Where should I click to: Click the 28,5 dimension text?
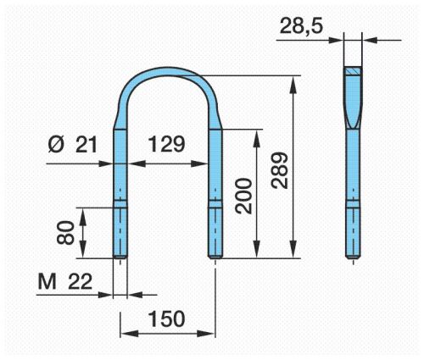301,26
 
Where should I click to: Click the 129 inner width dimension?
166,144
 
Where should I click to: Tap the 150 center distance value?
166,318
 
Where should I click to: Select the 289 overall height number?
279,170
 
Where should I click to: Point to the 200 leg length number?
243,196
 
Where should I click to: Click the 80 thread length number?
65,232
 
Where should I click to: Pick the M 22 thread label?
65,282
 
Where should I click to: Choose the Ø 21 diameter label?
73,144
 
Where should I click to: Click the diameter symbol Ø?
56,144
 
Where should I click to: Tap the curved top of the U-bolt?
169,72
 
